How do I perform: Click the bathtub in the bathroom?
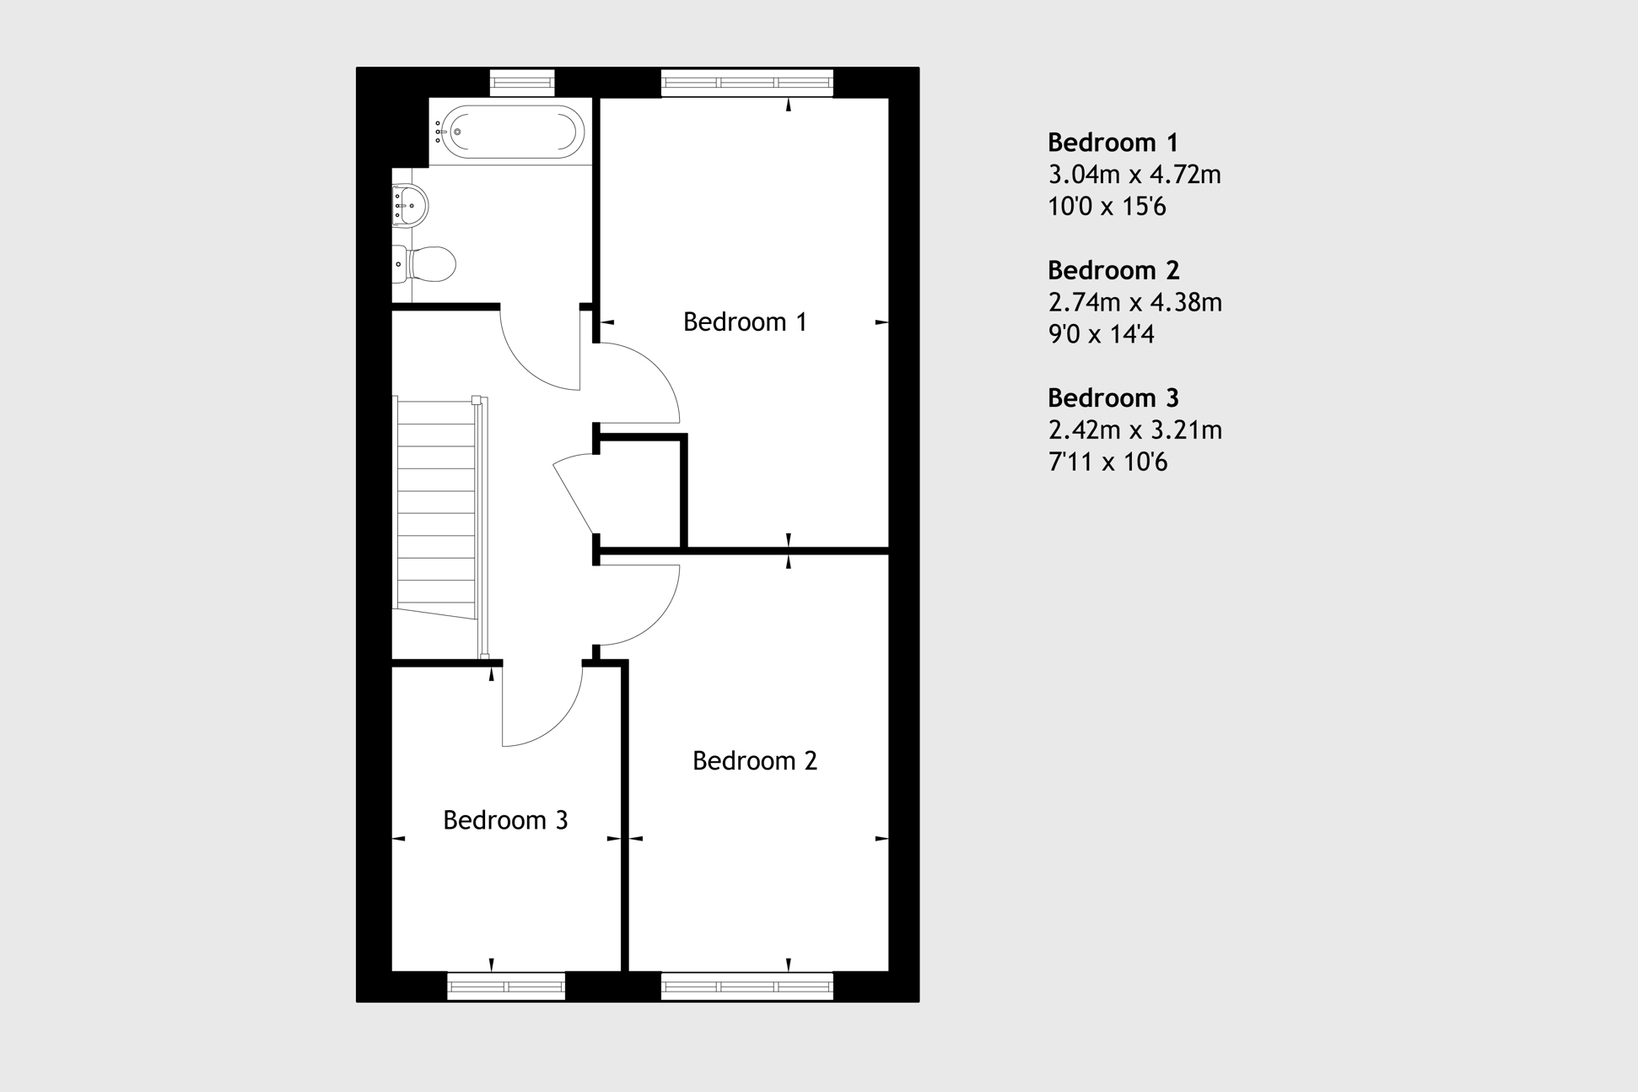[x=513, y=132]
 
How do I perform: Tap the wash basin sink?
[x=411, y=205]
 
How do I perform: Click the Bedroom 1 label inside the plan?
[x=745, y=322]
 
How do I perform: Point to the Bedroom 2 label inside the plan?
[x=754, y=760]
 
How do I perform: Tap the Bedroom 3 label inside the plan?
[x=505, y=819]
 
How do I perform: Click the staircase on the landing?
[x=437, y=506]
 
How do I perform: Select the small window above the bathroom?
[x=522, y=82]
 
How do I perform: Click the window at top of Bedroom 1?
[x=746, y=82]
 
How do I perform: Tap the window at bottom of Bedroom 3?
[x=505, y=986]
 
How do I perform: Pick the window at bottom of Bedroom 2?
[x=746, y=986]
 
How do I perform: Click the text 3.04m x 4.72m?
[x=1134, y=175]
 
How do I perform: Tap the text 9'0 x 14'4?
[x=1100, y=334]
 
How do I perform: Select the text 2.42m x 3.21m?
[x=1134, y=430]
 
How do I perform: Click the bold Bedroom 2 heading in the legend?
[x=1113, y=270]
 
